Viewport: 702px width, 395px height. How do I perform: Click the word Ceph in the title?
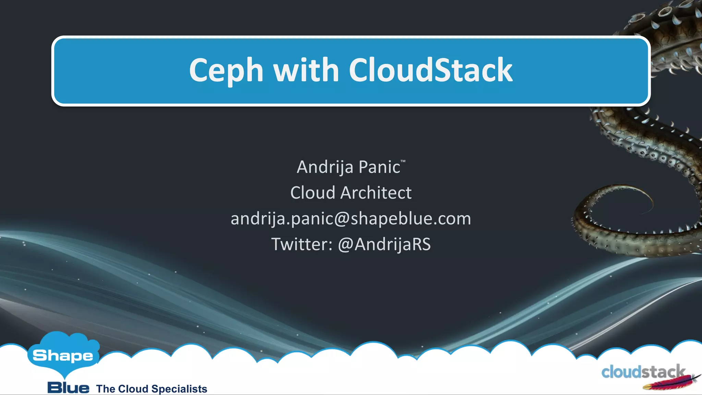tap(226, 71)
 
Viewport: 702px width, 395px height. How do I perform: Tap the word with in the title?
tap(306, 70)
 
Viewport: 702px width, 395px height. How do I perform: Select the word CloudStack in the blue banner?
tap(431, 70)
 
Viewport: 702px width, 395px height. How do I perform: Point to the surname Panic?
tap(379, 167)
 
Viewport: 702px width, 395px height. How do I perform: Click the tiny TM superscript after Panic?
tap(403, 161)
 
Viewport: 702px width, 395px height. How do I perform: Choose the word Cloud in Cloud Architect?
tap(312, 193)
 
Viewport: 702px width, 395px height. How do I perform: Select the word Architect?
tap(376, 193)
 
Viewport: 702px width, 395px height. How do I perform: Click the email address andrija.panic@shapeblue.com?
tap(351, 219)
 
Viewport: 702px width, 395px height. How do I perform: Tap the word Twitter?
tap(302, 244)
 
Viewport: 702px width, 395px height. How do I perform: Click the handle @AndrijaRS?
tap(384, 244)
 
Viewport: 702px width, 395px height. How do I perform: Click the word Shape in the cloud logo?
tap(63, 356)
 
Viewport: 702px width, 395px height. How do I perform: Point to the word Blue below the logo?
tap(68, 388)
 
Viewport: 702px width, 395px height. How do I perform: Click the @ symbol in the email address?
tap(341, 219)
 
